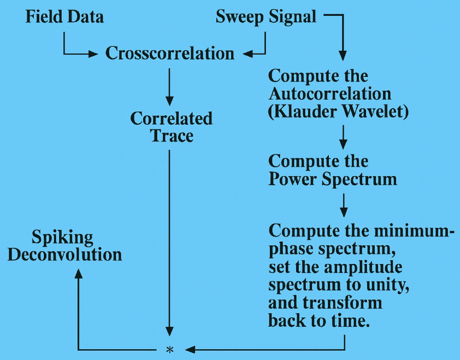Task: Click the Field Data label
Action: (64, 16)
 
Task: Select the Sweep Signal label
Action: (266, 16)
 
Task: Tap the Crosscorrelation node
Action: (169, 53)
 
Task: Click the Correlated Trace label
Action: (172, 127)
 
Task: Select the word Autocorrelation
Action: (329, 93)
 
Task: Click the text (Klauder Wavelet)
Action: (339, 111)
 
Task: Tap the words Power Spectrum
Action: (332, 179)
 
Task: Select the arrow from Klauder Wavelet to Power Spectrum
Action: (343, 137)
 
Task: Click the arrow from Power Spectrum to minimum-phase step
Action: (343, 205)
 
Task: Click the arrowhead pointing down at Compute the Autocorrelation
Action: (343, 55)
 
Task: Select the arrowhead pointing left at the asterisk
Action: (188, 349)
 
